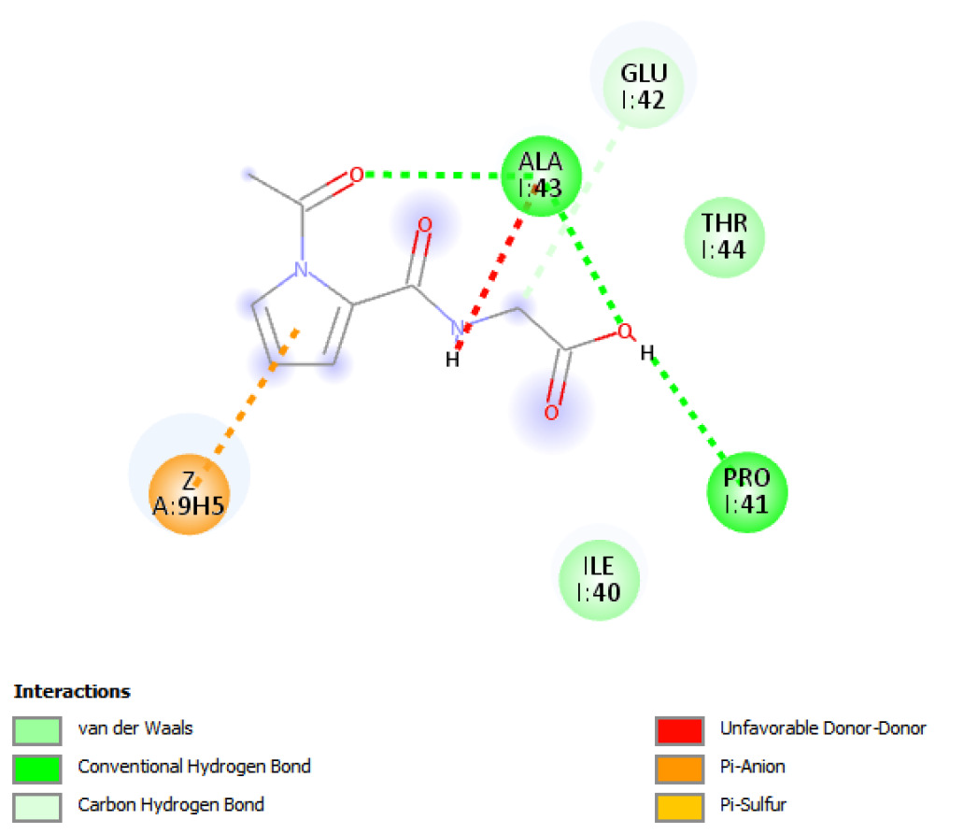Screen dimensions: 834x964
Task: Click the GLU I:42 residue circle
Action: point(644,85)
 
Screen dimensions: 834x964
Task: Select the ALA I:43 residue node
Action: point(542,176)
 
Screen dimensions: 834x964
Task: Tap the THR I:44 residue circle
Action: point(723,238)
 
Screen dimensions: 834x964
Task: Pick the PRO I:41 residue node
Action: point(747,491)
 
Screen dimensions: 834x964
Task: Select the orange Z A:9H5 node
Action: point(189,495)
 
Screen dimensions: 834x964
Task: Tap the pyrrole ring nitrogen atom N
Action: point(300,269)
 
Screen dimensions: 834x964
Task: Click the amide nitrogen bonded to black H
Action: point(457,327)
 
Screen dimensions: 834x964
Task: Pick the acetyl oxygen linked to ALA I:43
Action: point(356,175)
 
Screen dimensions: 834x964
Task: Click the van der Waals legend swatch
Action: point(37,729)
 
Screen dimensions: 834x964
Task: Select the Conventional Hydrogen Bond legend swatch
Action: point(37,768)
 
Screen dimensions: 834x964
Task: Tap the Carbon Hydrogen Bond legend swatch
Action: point(37,805)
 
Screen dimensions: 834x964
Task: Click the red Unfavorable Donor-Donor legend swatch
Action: point(679,729)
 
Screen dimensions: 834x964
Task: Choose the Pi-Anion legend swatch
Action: point(679,768)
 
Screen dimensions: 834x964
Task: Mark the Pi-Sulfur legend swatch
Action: point(679,805)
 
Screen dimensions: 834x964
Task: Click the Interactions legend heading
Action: point(72,692)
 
